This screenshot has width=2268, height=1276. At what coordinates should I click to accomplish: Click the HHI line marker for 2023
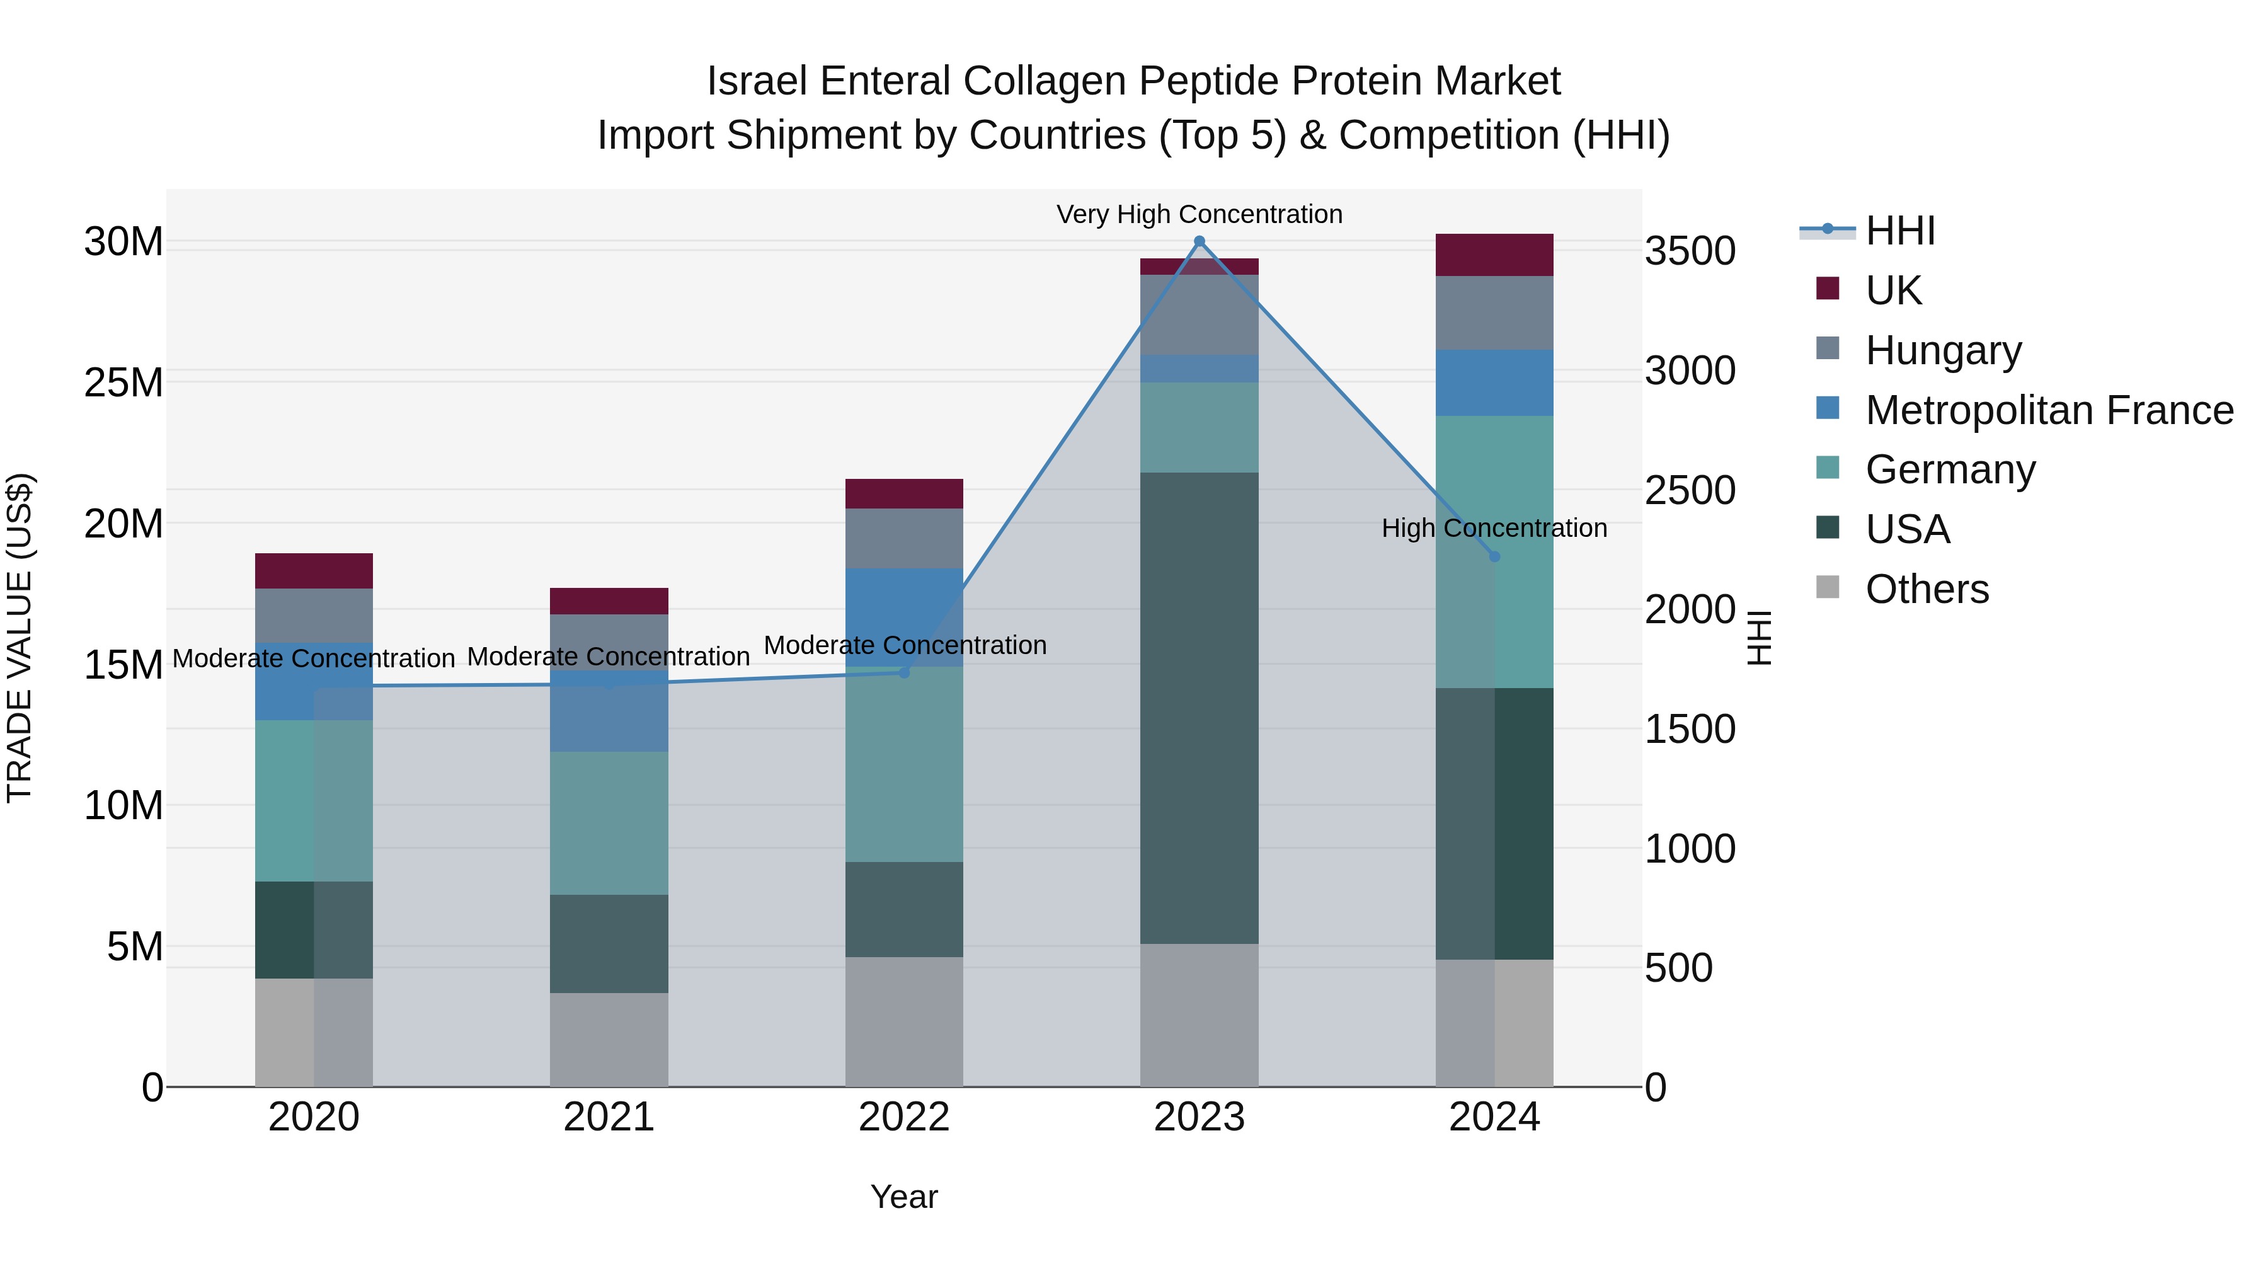click(1199, 241)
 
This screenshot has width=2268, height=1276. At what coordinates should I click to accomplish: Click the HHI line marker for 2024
click(1494, 556)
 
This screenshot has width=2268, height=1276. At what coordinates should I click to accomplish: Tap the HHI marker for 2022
click(904, 672)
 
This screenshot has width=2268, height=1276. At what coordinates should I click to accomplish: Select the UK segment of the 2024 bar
click(1494, 255)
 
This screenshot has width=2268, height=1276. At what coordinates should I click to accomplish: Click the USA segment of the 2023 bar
click(1199, 708)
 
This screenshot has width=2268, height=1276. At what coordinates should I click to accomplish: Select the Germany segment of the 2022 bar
click(904, 764)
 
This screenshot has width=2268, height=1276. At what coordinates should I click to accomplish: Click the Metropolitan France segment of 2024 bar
click(1494, 383)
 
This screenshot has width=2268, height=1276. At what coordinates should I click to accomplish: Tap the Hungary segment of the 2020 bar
click(314, 616)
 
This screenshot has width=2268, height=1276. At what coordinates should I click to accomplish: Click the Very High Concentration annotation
click(1199, 214)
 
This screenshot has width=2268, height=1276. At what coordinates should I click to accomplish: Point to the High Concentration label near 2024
click(1494, 529)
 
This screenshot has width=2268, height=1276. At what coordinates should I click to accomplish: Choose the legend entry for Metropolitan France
click(2048, 410)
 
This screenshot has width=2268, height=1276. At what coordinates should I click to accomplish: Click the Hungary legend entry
click(1943, 350)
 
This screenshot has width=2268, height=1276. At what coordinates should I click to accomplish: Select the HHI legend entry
click(1899, 231)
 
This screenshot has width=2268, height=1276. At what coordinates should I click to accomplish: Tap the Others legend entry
click(1927, 589)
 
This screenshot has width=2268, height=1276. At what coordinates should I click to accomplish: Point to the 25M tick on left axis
click(123, 383)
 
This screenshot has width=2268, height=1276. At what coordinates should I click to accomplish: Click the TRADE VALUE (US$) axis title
click(20, 638)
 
